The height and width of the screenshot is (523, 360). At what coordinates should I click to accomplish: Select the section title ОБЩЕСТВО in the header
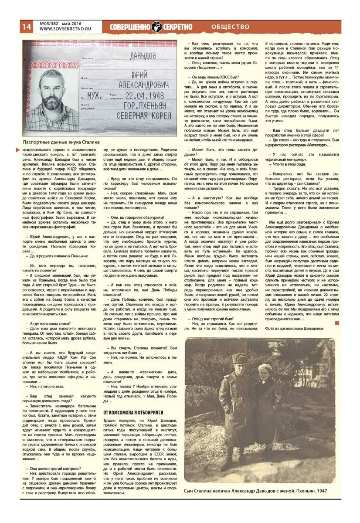231,27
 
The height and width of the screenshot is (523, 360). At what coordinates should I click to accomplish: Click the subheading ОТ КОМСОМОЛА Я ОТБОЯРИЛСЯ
133,412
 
